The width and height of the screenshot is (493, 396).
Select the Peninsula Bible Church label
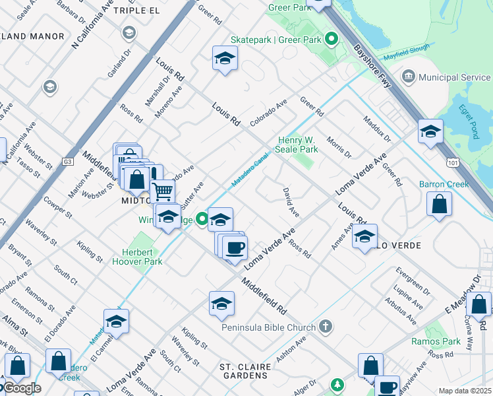click(267, 327)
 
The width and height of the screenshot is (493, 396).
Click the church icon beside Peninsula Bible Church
click(324, 326)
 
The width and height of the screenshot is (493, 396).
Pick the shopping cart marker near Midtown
click(162, 192)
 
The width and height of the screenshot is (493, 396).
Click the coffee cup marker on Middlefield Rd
click(234, 248)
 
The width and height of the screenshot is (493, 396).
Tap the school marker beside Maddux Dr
click(430, 131)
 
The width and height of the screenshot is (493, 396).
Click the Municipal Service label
click(454, 77)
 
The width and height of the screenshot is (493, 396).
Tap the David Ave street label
click(291, 203)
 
